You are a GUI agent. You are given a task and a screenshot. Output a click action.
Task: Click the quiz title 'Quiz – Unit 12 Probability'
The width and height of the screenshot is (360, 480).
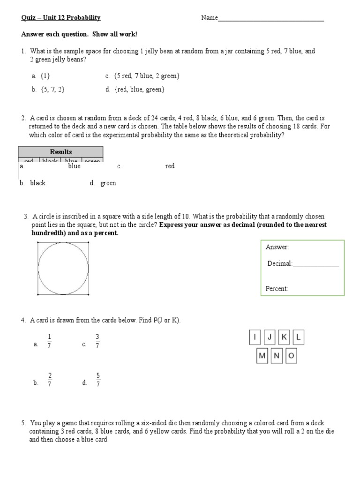coord(61,18)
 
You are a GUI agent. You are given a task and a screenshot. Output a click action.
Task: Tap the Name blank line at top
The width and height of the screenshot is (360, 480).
coord(271,19)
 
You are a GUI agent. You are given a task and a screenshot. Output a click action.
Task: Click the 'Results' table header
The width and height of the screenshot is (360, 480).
coord(61,151)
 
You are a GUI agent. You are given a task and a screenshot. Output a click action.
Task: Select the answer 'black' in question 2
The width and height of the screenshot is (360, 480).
coord(37,183)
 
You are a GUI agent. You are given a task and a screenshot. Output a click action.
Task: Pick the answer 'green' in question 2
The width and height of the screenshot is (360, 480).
coord(108,183)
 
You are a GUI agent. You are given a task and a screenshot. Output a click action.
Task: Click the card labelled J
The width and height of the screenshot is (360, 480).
coord(270,337)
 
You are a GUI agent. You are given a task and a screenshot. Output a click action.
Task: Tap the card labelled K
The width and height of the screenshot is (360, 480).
coord(284,337)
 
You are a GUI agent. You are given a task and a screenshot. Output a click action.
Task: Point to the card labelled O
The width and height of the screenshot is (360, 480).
coord(291,356)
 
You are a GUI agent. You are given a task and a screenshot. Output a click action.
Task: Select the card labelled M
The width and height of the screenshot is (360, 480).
coord(262,356)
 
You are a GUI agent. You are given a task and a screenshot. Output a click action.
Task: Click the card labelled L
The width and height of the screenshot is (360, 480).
coord(299,337)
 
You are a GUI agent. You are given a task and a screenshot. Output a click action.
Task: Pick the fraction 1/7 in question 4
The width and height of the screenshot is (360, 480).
coord(50,341)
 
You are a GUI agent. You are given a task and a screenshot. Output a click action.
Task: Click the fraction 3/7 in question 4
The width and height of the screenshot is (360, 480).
coord(97,341)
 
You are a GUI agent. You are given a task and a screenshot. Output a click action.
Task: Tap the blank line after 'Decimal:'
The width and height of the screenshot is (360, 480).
coord(315,264)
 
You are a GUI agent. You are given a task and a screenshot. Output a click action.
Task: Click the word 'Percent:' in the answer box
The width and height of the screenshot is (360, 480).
coord(277,289)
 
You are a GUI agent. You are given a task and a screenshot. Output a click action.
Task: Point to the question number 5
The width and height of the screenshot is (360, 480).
coord(23,423)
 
